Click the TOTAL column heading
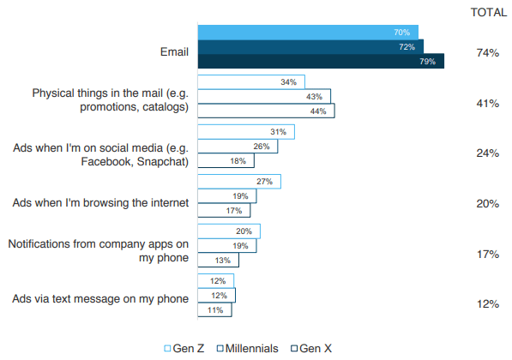point(489,12)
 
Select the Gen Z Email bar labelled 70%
point(308,33)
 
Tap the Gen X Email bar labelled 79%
point(321,61)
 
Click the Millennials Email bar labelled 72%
point(310,47)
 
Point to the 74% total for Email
point(487,52)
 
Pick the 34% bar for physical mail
point(251,82)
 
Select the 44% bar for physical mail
point(266,111)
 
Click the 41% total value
point(487,104)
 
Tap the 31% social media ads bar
point(246,132)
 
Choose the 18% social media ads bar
point(226,160)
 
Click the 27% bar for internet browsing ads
point(239,182)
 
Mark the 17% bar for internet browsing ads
point(224,210)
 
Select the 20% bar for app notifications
point(229,231)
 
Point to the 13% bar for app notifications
point(218,260)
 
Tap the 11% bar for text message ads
point(215,309)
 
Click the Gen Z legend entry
point(184,348)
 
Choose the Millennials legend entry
point(248,348)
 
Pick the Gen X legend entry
point(311,348)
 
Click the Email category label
point(174,52)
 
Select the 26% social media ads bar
point(238,147)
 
